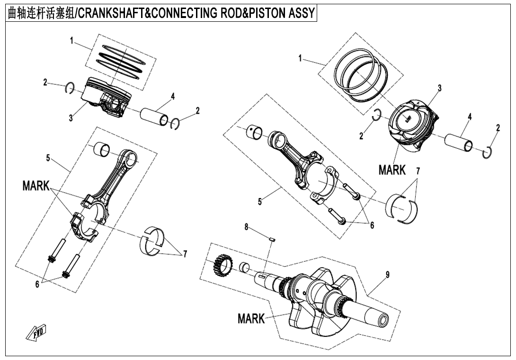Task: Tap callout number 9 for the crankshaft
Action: [x=388, y=275]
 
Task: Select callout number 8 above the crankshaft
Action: [x=246, y=227]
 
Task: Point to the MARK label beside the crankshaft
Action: [x=251, y=319]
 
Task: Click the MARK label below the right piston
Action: [x=392, y=170]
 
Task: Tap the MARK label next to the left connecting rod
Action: [x=36, y=186]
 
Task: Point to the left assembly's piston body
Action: [x=105, y=97]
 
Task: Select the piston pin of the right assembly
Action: [x=458, y=141]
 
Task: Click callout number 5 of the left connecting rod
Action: [x=48, y=158]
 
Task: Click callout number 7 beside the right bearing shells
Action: [x=418, y=171]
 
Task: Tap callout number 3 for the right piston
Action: [x=439, y=88]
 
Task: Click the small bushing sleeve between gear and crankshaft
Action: [x=244, y=268]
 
